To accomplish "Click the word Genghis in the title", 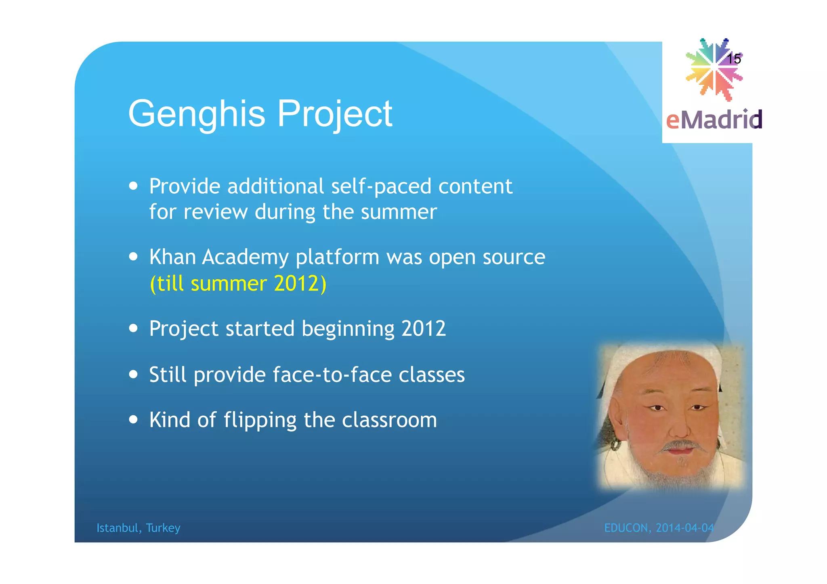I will (x=196, y=114).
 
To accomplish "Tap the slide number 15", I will (x=734, y=59).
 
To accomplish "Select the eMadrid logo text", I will (x=714, y=120).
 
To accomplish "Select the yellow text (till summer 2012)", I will (x=238, y=283).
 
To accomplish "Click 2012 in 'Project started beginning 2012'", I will (x=423, y=329).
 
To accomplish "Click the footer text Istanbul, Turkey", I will (x=138, y=528).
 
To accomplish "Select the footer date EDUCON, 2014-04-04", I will (x=659, y=528).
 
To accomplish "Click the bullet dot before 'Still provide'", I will (x=133, y=374).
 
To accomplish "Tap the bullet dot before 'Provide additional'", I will (x=133, y=186).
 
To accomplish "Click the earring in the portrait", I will (x=615, y=445).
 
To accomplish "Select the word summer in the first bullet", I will (x=399, y=212).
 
